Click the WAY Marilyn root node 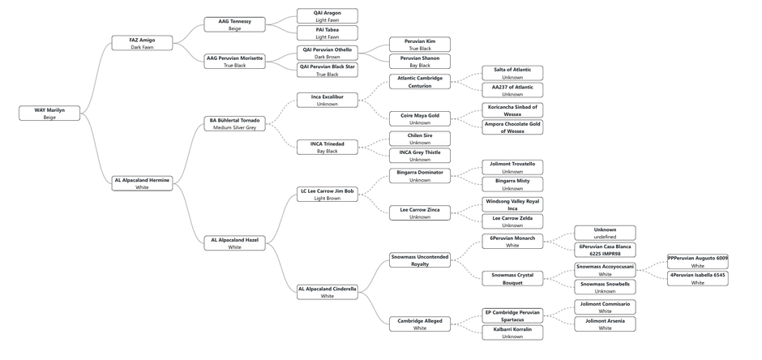pos(49,114)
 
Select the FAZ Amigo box pos(142,43)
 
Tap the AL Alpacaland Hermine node pos(142,183)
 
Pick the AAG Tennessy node pos(234,24)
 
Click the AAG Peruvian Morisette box pos(234,61)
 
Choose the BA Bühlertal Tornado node pos(234,123)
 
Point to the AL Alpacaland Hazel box pos(234,243)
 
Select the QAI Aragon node pos(327,16)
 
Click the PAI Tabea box pos(327,33)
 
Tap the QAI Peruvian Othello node pos(327,53)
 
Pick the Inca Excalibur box pos(327,100)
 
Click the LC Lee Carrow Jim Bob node pos(327,194)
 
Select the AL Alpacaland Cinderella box pos(327,292)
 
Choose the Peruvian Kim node pos(419,45)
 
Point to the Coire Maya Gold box pos(419,118)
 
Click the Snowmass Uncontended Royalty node pos(419,260)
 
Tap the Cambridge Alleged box pos(419,324)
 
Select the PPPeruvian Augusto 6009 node pos(697,261)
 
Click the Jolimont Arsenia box pos(605,324)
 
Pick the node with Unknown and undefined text pos(605,233)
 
